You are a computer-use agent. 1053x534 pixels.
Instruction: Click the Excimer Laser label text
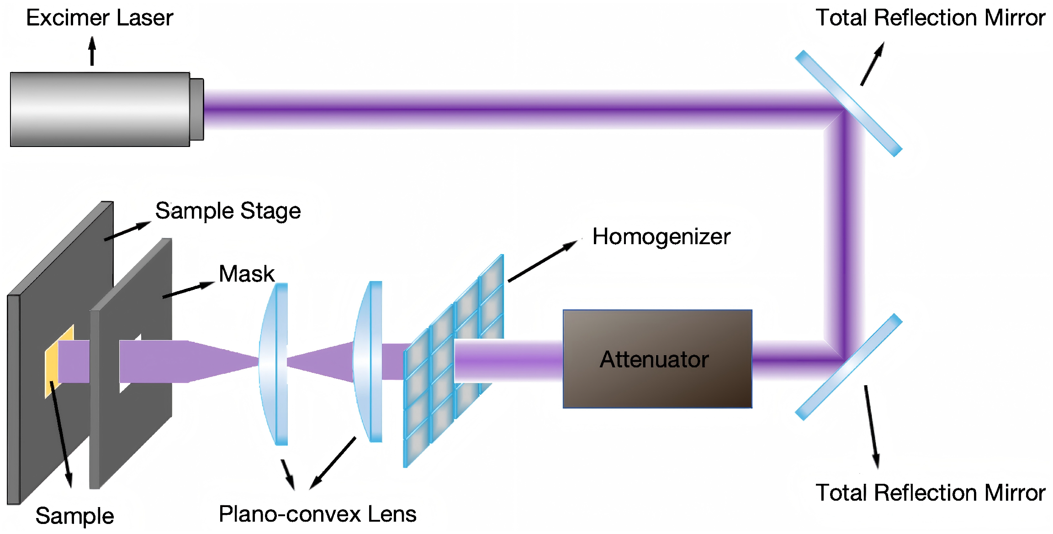100,18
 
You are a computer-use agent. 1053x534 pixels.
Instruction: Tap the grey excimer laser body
100,110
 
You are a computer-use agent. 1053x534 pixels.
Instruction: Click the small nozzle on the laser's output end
197,110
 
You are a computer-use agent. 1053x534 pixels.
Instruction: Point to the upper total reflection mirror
848,104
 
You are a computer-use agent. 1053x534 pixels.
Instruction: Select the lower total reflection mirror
848,367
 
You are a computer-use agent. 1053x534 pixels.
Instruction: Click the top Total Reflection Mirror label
930,18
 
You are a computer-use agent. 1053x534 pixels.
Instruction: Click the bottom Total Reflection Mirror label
930,493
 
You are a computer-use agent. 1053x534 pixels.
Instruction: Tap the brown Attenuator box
657,359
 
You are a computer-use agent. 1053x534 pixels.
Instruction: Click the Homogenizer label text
661,237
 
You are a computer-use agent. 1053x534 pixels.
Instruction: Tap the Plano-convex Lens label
317,514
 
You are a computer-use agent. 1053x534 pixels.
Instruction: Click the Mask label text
247,274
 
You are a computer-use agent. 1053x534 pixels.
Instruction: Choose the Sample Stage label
228,211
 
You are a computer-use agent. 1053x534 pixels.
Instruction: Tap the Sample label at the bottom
74,516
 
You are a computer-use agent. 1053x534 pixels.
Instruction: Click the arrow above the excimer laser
92,51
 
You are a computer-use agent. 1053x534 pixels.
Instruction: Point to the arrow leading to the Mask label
188,290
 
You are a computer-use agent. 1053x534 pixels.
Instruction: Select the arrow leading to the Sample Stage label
127,231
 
